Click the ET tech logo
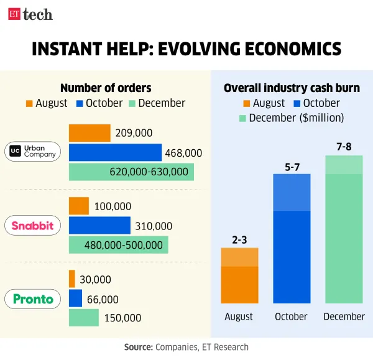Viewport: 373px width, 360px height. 30,14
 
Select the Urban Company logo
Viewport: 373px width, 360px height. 34,152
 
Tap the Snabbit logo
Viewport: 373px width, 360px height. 34,226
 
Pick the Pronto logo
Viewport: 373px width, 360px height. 34,299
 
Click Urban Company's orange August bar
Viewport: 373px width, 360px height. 90,133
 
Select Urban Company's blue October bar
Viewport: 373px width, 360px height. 115,152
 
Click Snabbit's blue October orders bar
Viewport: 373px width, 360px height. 99,226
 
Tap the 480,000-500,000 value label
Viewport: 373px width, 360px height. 128,245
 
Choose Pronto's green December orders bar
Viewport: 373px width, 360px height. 83,318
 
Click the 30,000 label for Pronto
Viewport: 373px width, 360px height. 95,280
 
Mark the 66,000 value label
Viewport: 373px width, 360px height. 103,299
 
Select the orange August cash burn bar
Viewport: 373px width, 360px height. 240,275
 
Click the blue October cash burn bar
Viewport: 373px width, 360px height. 292,239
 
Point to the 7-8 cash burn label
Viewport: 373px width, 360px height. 344,147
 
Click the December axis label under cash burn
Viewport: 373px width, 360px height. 344,316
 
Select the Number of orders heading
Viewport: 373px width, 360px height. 106,88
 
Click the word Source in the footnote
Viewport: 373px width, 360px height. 139,347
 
